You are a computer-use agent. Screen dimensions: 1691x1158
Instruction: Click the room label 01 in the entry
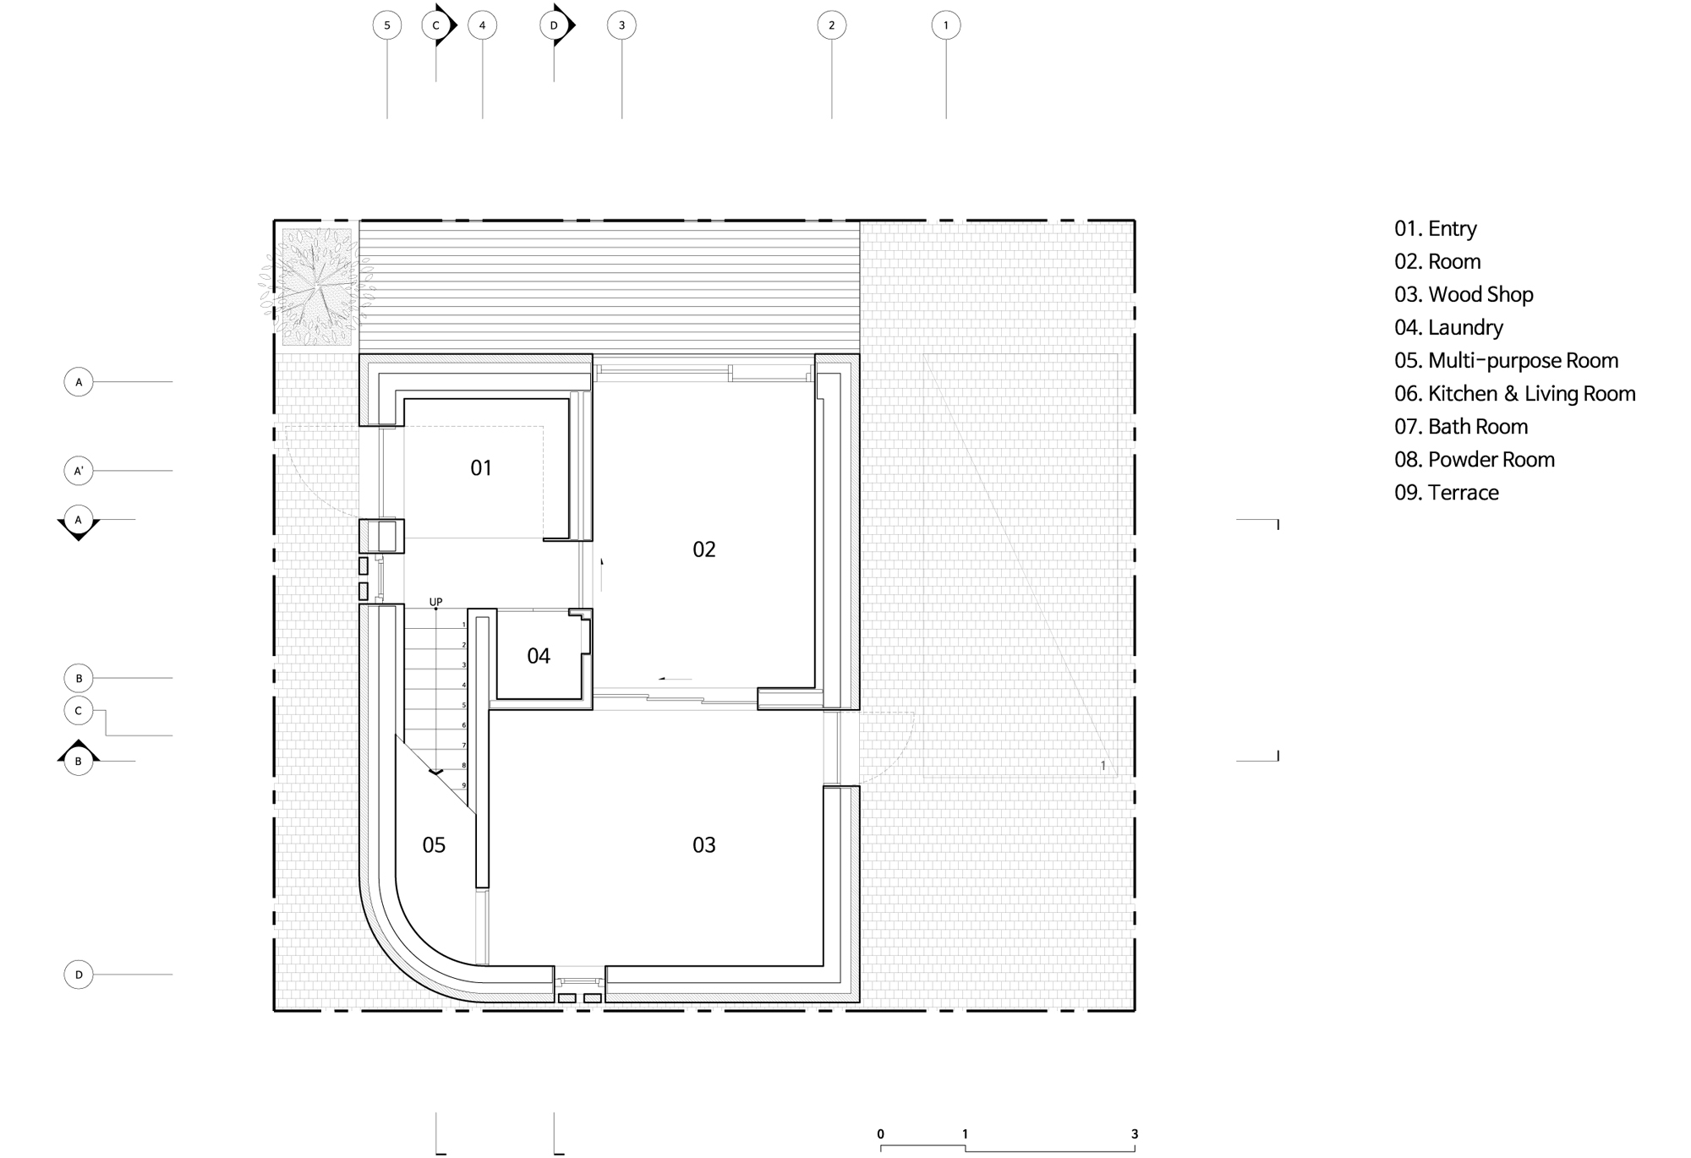click(481, 467)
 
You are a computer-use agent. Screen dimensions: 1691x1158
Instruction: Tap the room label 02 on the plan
click(704, 549)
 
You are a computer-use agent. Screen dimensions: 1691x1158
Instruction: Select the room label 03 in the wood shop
click(704, 844)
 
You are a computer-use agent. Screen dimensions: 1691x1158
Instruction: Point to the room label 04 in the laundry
click(539, 656)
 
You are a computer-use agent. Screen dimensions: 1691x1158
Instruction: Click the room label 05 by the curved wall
click(434, 844)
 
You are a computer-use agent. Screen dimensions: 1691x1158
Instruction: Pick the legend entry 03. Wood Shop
click(1464, 294)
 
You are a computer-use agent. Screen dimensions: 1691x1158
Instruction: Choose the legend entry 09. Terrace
click(1447, 492)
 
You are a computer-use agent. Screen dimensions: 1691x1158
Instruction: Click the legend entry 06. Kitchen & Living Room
click(1515, 393)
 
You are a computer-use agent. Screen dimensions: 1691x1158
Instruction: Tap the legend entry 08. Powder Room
click(1475, 459)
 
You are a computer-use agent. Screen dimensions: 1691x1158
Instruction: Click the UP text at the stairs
click(435, 602)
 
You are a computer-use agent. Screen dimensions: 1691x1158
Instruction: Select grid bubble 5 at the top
click(387, 25)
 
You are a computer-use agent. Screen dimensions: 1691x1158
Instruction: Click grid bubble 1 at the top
click(946, 25)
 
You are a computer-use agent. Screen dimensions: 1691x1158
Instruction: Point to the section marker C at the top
click(439, 25)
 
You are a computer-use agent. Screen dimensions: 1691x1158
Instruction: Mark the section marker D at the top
click(557, 25)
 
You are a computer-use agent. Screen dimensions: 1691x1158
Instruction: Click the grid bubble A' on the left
click(79, 471)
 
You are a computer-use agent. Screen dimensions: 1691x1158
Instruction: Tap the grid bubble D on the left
click(79, 975)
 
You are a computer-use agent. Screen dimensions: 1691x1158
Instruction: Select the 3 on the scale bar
click(1135, 1133)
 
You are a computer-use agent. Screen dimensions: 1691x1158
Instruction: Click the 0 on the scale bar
click(881, 1133)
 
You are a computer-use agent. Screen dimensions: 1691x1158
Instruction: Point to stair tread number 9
click(464, 785)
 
